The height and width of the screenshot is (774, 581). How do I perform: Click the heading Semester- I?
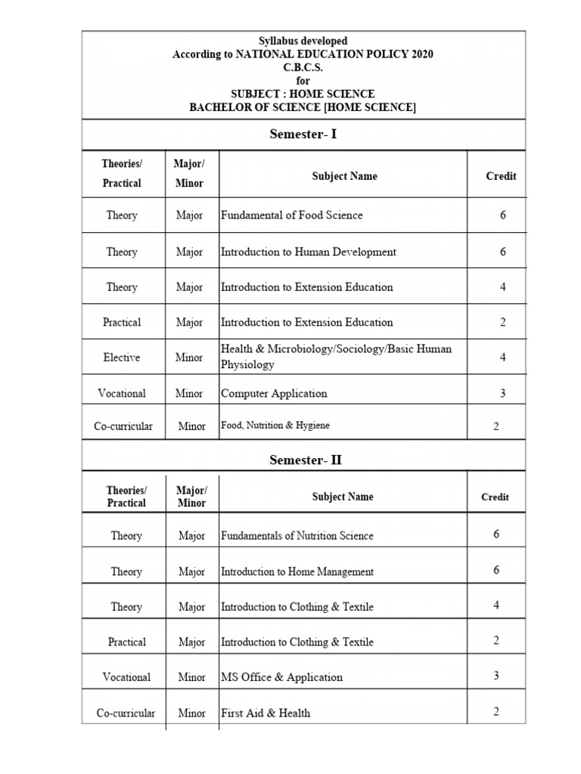pyautogui.click(x=303, y=135)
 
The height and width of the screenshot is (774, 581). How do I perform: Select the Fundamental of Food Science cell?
pyautogui.click(x=291, y=215)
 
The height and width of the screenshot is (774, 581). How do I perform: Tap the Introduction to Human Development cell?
pyautogui.click(x=308, y=252)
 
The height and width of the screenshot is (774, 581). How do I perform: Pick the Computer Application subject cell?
pyautogui.click(x=274, y=393)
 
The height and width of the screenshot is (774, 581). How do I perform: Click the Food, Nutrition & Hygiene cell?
pyautogui.click(x=275, y=426)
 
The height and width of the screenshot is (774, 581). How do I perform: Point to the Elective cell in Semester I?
pyautogui.click(x=122, y=358)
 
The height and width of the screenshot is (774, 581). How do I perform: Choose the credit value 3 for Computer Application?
pyautogui.click(x=502, y=393)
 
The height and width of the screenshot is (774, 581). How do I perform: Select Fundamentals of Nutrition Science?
pyautogui.click(x=297, y=536)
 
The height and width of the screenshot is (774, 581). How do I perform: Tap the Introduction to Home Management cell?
pyautogui.click(x=297, y=571)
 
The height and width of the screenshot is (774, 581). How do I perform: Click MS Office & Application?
pyautogui.click(x=281, y=677)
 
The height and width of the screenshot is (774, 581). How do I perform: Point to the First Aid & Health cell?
pyautogui.click(x=265, y=713)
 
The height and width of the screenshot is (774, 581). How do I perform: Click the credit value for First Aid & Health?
pyautogui.click(x=496, y=711)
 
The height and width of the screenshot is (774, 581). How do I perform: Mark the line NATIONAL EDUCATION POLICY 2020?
pyautogui.click(x=303, y=54)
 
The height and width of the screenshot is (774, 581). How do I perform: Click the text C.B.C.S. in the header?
pyautogui.click(x=303, y=67)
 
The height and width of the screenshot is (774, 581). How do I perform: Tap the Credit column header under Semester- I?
pyautogui.click(x=501, y=176)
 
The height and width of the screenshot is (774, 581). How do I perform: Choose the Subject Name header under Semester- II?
pyautogui.click(x=343, y=497)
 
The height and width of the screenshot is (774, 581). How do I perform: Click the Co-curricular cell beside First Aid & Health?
pyautogui.click(x=126, y=713)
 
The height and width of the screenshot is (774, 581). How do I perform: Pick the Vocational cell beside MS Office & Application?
pyautogui.click(x=126, y=677)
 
